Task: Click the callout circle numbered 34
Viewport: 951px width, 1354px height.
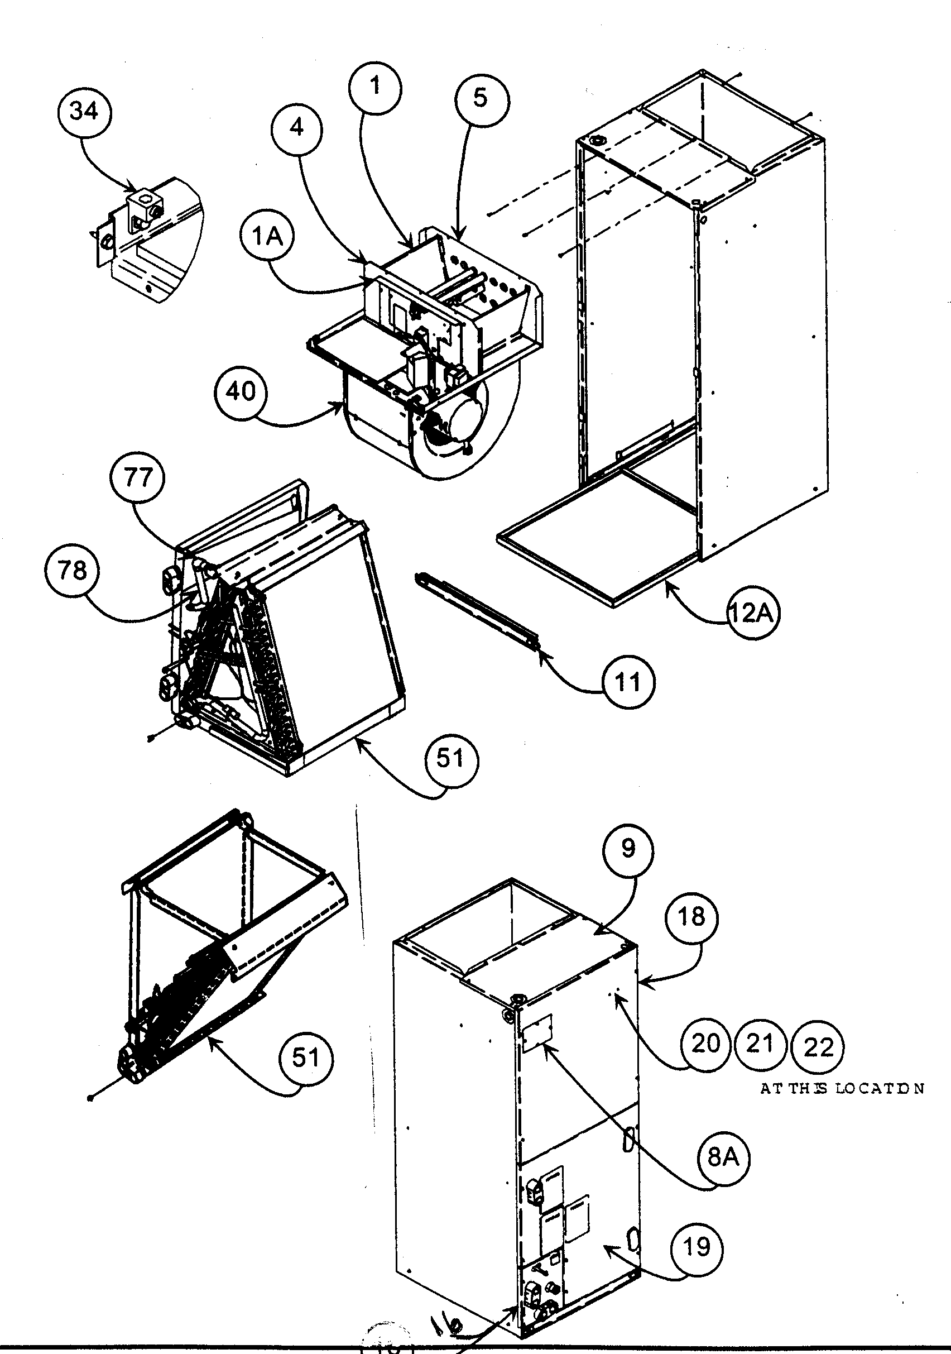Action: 84,111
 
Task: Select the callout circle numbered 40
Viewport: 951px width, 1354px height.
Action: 241,391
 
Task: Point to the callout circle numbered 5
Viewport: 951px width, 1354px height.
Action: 481,98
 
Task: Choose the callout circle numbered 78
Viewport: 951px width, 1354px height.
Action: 72,570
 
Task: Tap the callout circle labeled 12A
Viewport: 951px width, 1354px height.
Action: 752,613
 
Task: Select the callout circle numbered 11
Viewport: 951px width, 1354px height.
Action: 627,682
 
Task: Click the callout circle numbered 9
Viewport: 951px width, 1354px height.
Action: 628,849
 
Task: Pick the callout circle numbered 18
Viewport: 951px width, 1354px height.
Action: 691,917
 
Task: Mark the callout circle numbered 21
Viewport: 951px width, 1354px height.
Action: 760,1044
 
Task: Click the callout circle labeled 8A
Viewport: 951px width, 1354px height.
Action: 723,1157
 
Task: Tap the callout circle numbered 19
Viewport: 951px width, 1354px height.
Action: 697,1247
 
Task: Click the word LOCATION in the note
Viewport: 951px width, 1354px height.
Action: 880,1089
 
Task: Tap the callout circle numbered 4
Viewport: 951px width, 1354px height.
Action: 297,127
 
